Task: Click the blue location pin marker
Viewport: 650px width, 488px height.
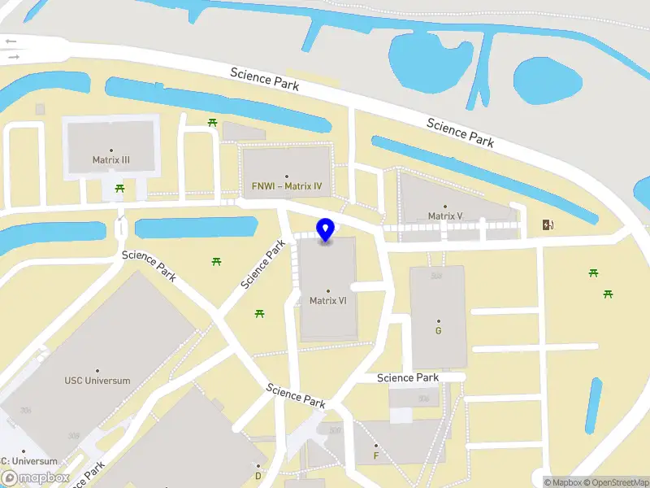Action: pyautogui.click(x=326, y=230)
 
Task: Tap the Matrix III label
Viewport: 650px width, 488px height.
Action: pyautogui.click(x=111, y=160)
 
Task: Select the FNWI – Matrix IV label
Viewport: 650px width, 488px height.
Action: pyautogui.click(x=287, y=186)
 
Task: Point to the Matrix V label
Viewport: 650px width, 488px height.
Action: pyautogui.click(x=445, y=216)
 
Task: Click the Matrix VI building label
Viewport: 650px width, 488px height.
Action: pyautogui.click(x=328, y=300)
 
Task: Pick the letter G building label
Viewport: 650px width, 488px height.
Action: pyautogui.click(x=439, y=330)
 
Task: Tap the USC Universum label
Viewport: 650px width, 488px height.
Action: pyautogui.click(x=97, y=380)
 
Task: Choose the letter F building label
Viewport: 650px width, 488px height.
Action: pyautogui.click(x=375, y=455)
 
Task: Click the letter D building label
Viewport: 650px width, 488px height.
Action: pyautogui.click(x=258, y=476)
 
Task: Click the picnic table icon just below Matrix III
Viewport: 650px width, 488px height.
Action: pyautogui.click(x=120, y=189)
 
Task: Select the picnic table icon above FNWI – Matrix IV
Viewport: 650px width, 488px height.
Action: pyautogui.click(x=212, y=122)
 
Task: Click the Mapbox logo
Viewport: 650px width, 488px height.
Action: pyautogui.click(x=35, y=478)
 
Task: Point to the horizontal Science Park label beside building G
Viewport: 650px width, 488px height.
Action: pyautogui.click(x=408, y=377)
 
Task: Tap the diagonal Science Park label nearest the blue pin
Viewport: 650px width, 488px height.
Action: pyautogui.click(x=266, y=264)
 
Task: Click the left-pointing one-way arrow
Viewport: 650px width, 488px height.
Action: pyautogui.click(x=11, y=40)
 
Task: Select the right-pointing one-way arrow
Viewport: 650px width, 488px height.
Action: pyautogui.click(x=13, y=57)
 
